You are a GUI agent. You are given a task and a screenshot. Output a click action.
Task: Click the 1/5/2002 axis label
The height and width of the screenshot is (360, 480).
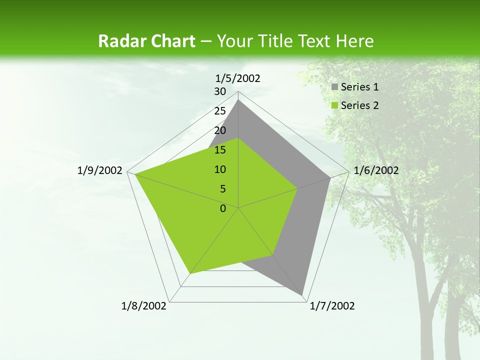pos(238,78)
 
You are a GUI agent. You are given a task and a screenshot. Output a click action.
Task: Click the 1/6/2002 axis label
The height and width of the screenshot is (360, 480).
pos(376,170)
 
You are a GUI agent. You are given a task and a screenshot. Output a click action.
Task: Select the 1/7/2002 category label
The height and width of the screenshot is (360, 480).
pos(332,306)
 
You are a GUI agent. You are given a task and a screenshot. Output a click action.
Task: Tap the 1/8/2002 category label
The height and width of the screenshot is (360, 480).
pos(144,306)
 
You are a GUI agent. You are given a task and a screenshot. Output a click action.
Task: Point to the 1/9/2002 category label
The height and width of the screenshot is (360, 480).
pos(100,170)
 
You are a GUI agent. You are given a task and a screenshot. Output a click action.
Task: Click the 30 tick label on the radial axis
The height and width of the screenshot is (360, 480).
pos(220,91)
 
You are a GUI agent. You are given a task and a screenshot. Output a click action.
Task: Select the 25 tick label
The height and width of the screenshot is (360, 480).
pos(220,111)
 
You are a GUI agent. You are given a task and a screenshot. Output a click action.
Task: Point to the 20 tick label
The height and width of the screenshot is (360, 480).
pos(220,130)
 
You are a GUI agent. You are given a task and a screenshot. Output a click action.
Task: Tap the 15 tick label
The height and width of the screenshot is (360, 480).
pos(220,150)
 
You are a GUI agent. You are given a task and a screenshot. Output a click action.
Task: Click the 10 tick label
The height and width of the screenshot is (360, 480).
pos(220,169)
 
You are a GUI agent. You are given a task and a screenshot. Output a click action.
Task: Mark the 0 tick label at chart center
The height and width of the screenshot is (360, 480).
pos(223,208)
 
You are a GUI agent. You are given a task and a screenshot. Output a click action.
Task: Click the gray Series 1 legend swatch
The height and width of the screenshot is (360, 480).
pos(335,87)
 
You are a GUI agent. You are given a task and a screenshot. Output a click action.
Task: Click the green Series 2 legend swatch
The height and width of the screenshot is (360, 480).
pos(335,105)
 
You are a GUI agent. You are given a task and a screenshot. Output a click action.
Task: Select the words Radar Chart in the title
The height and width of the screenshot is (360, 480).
pos(146,41)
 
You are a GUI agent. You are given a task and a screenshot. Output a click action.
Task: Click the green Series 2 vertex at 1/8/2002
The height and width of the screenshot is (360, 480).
pos(190,273)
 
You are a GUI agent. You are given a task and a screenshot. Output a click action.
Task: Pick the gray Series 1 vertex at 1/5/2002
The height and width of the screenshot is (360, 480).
pos(238,100)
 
